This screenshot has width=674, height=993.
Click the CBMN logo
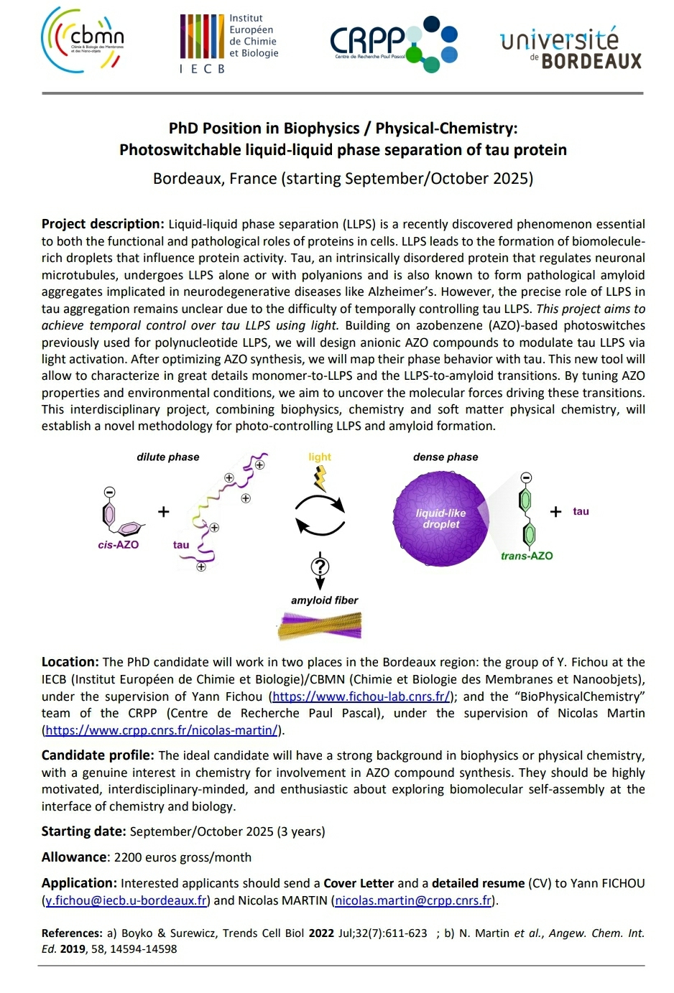(83, 39)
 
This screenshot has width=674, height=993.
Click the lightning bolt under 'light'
(320, 477)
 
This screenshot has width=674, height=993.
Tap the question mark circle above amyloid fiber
(320, 567)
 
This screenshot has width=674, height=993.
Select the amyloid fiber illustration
(320, 625)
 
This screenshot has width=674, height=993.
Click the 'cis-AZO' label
(119, 545)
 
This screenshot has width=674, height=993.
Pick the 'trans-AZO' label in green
(527, 556)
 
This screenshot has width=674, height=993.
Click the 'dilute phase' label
(168, 457)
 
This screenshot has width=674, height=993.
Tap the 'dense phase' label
(446, 457)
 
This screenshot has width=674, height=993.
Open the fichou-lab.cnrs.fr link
(361, 696)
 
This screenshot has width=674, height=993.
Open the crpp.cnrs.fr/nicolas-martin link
(161, 730)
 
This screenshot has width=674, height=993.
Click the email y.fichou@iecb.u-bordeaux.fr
(126, 900)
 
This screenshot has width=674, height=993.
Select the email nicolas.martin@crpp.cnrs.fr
(413, 900)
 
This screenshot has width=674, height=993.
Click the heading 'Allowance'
(74, 857)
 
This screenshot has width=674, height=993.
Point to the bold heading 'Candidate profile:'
(98, 755)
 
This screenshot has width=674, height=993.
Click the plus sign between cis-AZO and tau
(164, 511)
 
